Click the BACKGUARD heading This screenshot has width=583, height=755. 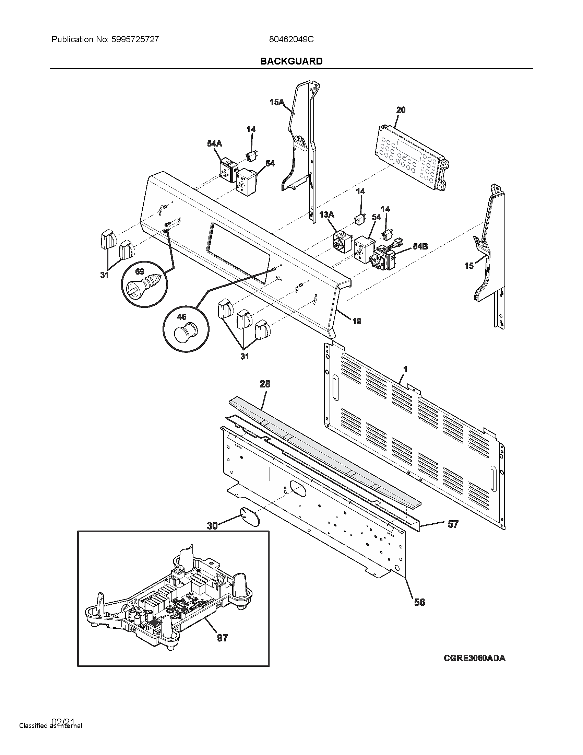[x=291, y=61]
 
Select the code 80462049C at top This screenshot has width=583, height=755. [x=291, y=39]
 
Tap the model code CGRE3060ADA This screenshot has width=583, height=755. [x=474, y=658]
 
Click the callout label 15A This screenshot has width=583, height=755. [x=276, y=102]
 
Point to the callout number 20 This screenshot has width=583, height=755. [x=401, y=110]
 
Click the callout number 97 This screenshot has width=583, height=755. [x=223, y=638]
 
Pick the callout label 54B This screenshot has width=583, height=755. [x=420, y=246]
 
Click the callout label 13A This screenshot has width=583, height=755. [x=326, y=215]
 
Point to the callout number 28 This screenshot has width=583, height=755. [x=265, y=384]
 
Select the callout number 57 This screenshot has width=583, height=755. [x=453, y=524]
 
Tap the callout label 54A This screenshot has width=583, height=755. [x=214, y=143]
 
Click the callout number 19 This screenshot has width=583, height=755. [x=356, y=321]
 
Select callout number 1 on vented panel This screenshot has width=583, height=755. [x=405, y=369]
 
